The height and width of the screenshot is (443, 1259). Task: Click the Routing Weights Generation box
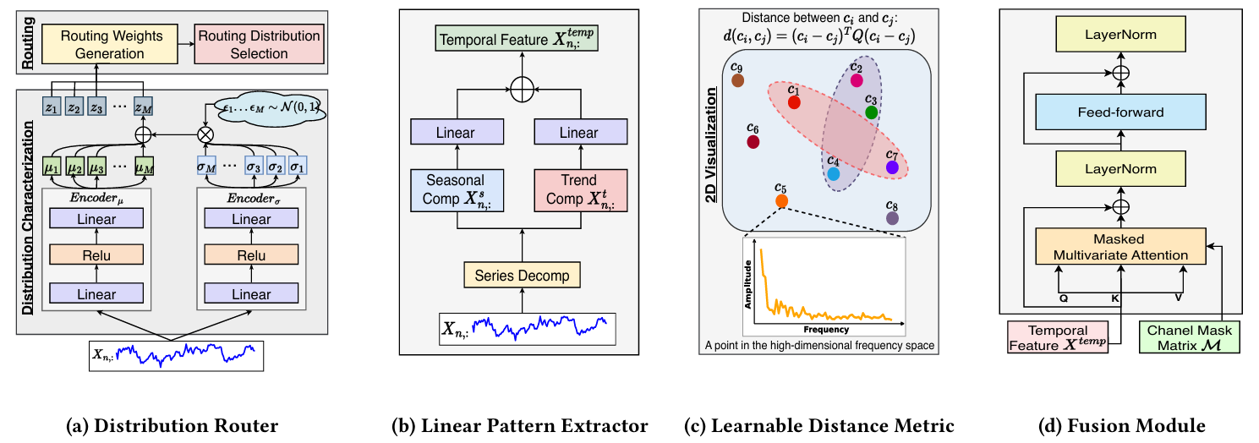click(115, 45)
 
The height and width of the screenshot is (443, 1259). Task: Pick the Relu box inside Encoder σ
click(251, 256)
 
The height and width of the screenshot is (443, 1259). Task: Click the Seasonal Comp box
click(456, 189)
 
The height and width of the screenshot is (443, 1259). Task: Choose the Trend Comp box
click(580, 189)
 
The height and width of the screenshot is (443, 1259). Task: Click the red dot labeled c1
click(794, 102)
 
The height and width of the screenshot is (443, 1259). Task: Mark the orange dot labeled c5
click(781, 201)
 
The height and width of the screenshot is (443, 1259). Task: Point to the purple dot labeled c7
click(892, 167)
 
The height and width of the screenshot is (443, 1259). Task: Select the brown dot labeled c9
click(738, 80)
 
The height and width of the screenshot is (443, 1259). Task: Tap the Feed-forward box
click(1120, 112)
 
